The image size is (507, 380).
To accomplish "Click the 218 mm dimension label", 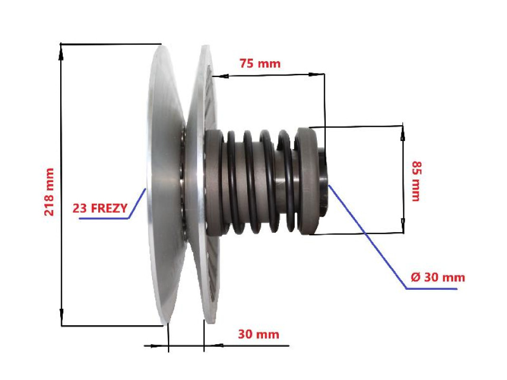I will (x=49, y=192).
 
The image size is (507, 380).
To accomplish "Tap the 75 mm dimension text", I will (x=260, y=64).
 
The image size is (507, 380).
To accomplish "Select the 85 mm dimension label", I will (x=415, y=180).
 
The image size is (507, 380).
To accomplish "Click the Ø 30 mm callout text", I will (x=437, y=277).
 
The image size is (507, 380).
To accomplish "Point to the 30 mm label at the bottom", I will (x=258, y=334).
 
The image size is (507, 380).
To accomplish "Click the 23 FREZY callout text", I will (x=100, y=208).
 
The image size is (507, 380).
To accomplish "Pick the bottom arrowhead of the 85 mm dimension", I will (x=403, y=227).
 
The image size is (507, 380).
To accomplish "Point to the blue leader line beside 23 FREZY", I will (x=136, y=203).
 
